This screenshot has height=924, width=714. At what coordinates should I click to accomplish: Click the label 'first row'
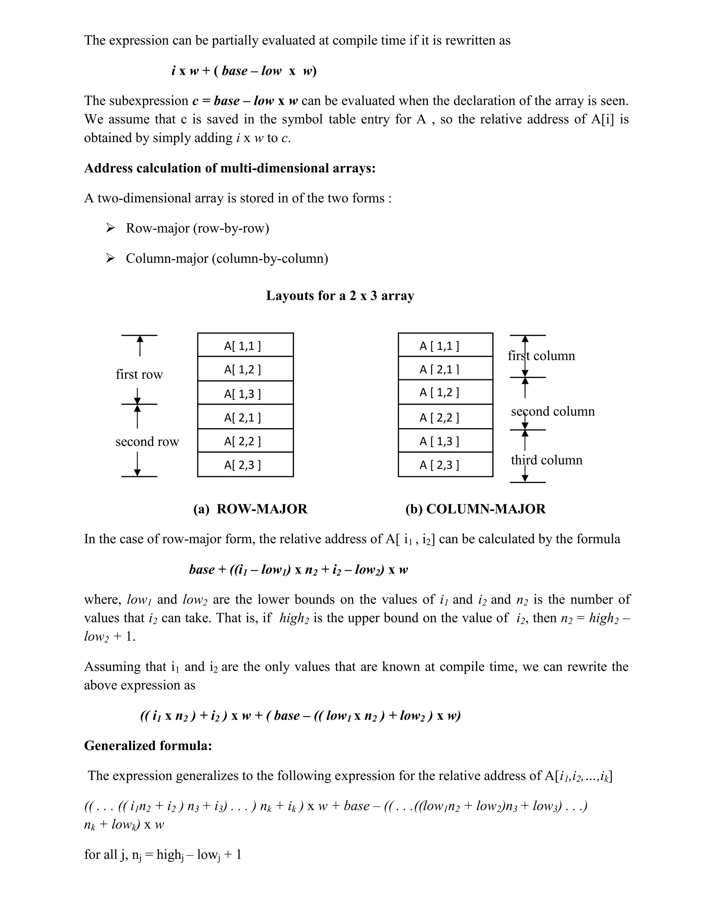coord(139,374)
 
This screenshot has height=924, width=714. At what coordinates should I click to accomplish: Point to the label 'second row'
coord(147,442)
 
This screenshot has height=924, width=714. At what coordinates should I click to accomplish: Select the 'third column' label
coord(547,460)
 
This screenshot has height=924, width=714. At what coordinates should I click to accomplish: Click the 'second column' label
coord(553,412)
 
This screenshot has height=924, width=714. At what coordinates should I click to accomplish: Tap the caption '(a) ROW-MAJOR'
coord(250,509)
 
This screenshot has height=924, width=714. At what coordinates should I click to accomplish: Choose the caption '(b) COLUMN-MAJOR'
coord(476,509)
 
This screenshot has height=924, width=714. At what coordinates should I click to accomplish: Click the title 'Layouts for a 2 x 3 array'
coord(340,296)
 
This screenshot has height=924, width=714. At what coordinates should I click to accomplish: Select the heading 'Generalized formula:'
coord(148,745)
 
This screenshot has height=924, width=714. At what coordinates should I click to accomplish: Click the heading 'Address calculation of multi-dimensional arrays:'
coord(230,168)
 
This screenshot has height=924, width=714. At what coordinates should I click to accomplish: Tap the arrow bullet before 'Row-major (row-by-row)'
coord(111,228)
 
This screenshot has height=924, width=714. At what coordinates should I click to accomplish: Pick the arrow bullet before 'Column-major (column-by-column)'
coord(111,258)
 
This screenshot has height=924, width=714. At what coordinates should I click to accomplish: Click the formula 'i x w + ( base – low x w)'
coord(244,71)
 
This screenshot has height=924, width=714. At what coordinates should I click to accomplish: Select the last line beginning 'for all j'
coord(163,855)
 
